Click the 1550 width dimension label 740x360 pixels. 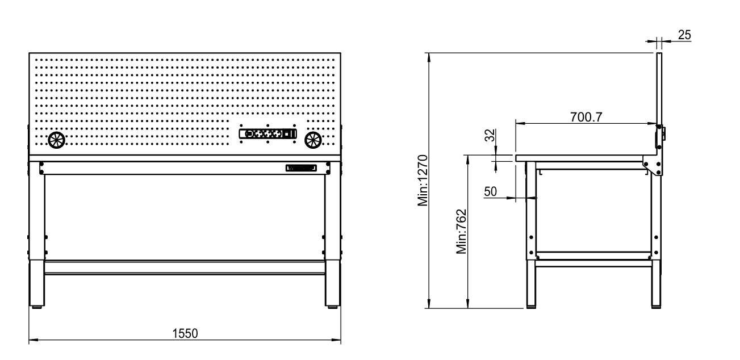pos(185,333)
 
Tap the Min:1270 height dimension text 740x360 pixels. pos(422,180)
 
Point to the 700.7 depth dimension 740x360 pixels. pos(586,117)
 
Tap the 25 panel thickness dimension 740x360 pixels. pos(684,35)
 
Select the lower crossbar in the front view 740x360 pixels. pos(185,268)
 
